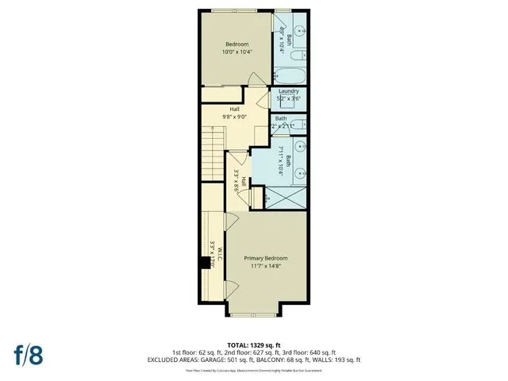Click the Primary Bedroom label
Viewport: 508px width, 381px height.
tap(265, 259)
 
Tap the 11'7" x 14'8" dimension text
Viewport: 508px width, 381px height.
tap(265, 267)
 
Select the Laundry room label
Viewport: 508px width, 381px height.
tap(288, 91)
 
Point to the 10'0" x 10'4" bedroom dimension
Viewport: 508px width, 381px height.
tap(237, 52)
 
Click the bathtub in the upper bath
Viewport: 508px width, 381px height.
tap(290, 77)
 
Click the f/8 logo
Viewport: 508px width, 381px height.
tap(27, 355)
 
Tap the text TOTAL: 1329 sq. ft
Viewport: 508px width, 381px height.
tap(253, 344)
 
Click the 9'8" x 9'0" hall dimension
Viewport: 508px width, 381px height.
tap(235, 117)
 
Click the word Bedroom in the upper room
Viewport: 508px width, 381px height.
tap(237, 44)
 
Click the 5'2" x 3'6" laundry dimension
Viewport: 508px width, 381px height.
tap(288, 98)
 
